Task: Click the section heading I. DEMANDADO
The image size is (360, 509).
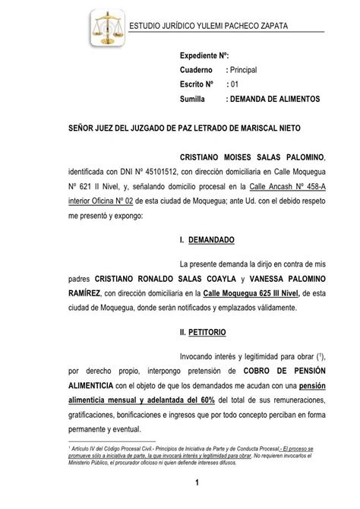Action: point(207,240)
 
